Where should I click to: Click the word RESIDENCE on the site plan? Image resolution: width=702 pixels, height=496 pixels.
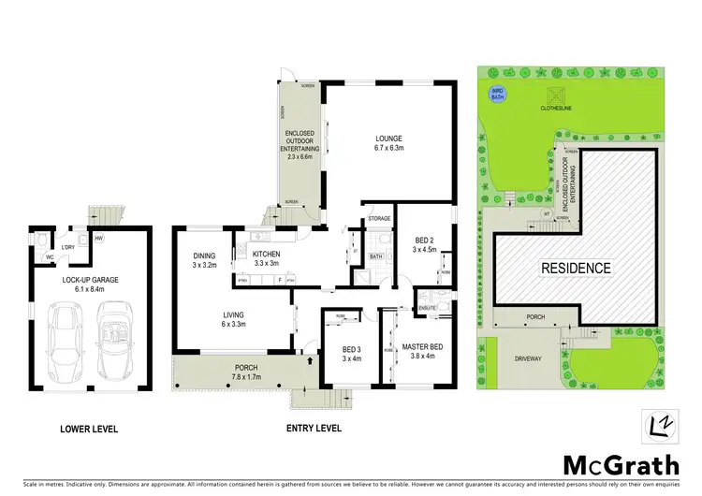pos(577,268)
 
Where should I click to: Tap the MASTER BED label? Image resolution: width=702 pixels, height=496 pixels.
pos(422,347)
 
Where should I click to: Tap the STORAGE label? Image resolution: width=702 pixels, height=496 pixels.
pos(378,219)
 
